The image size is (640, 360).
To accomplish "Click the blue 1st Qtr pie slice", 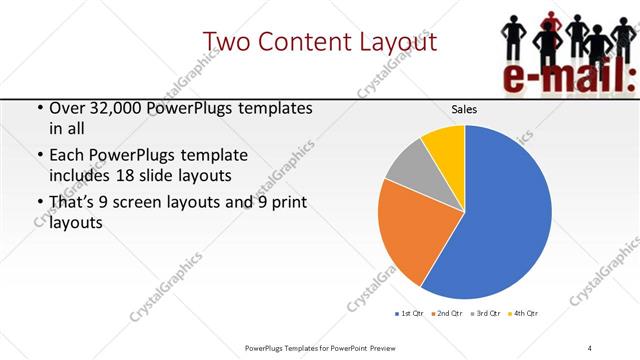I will coord(500,220).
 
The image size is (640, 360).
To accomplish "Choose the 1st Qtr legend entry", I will coord(409,314).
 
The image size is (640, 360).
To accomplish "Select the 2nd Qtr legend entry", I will coord(447,314).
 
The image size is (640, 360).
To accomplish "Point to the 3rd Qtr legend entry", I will coord(485,314).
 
